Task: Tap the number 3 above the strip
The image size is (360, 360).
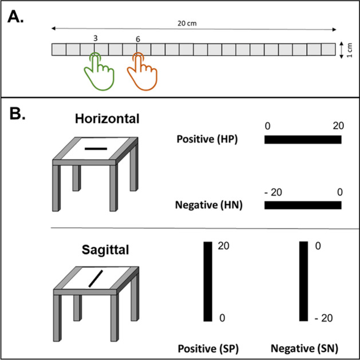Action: click(94, 38)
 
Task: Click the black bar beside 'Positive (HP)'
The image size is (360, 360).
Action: click(303, 140)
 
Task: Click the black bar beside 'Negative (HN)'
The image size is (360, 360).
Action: click(303, 205)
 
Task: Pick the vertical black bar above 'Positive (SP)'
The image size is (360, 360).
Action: click(208, 282)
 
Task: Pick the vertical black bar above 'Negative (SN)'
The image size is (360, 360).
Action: click(304, 282)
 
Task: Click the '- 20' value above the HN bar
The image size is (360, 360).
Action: click(272, 191)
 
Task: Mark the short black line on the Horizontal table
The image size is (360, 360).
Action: click(96, 149)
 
